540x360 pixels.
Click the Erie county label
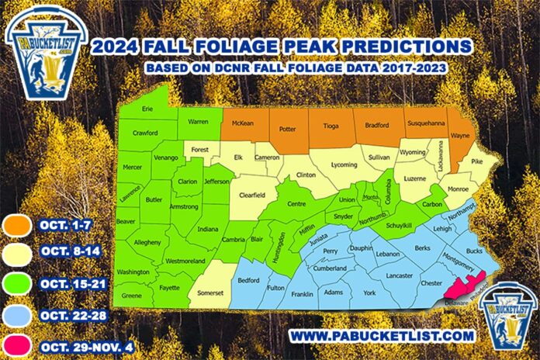point(147,110)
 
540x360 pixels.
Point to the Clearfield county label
point(254,196)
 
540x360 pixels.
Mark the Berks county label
point(422,247)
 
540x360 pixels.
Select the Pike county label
point(477,161)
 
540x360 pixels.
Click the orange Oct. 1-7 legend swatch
point(17,226)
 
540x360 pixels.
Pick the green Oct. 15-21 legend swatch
point(17,283)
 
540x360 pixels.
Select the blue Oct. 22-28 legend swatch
point(17,312)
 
